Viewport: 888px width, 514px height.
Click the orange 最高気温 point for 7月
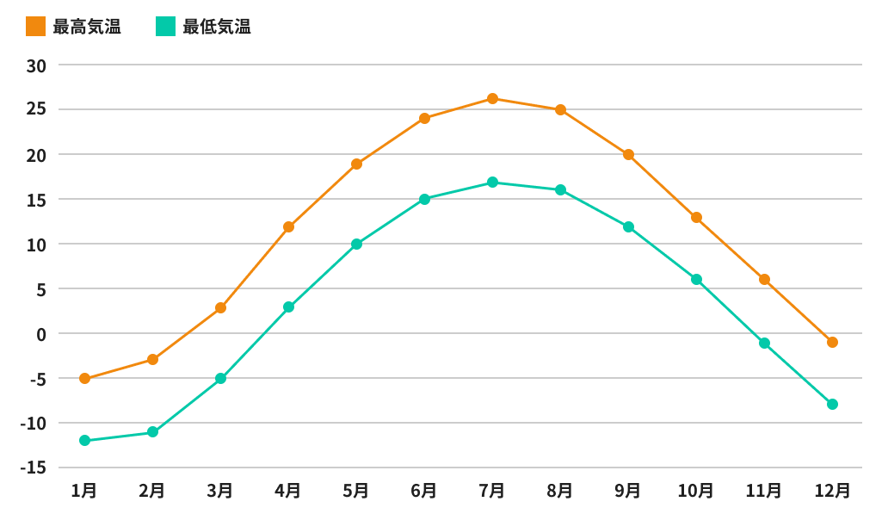pyautogui.click(x=492, y=98)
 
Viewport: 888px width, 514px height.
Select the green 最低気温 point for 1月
pyautogui.click(x=84, y=441)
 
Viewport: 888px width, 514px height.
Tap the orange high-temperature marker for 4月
pyautogui.click(x=288, y=227)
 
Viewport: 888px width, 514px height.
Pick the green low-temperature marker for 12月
pyautogui.click(x=832, y=404)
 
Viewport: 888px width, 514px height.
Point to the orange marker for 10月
pyautogui.click(x=696, y=217)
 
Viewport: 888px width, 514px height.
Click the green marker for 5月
pyautogui.click(x=356, y=244)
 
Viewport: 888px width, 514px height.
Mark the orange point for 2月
pyautogui.click(x=152, y=359)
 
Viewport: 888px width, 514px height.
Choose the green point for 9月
pyautogui.click(x=628, y=226)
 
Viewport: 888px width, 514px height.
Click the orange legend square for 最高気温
pyautogui.click(x=35, y=27)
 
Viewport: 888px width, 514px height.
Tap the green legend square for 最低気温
pyautogui.click(x=165, y=27)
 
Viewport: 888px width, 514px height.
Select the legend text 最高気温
pyautogui.click(x=87, y=27)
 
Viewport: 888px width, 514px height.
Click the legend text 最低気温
pyautogui.click(x=217, y=27)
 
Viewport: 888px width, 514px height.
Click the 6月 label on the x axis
pyautogui.click(x=423, y=491)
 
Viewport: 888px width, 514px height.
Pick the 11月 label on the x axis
pyautogui.click(x=763, y=491)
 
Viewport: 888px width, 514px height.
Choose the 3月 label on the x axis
pyautogui.click(x=219, y=491)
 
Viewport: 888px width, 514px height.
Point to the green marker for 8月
pyautogui.click(x=560, y=189)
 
